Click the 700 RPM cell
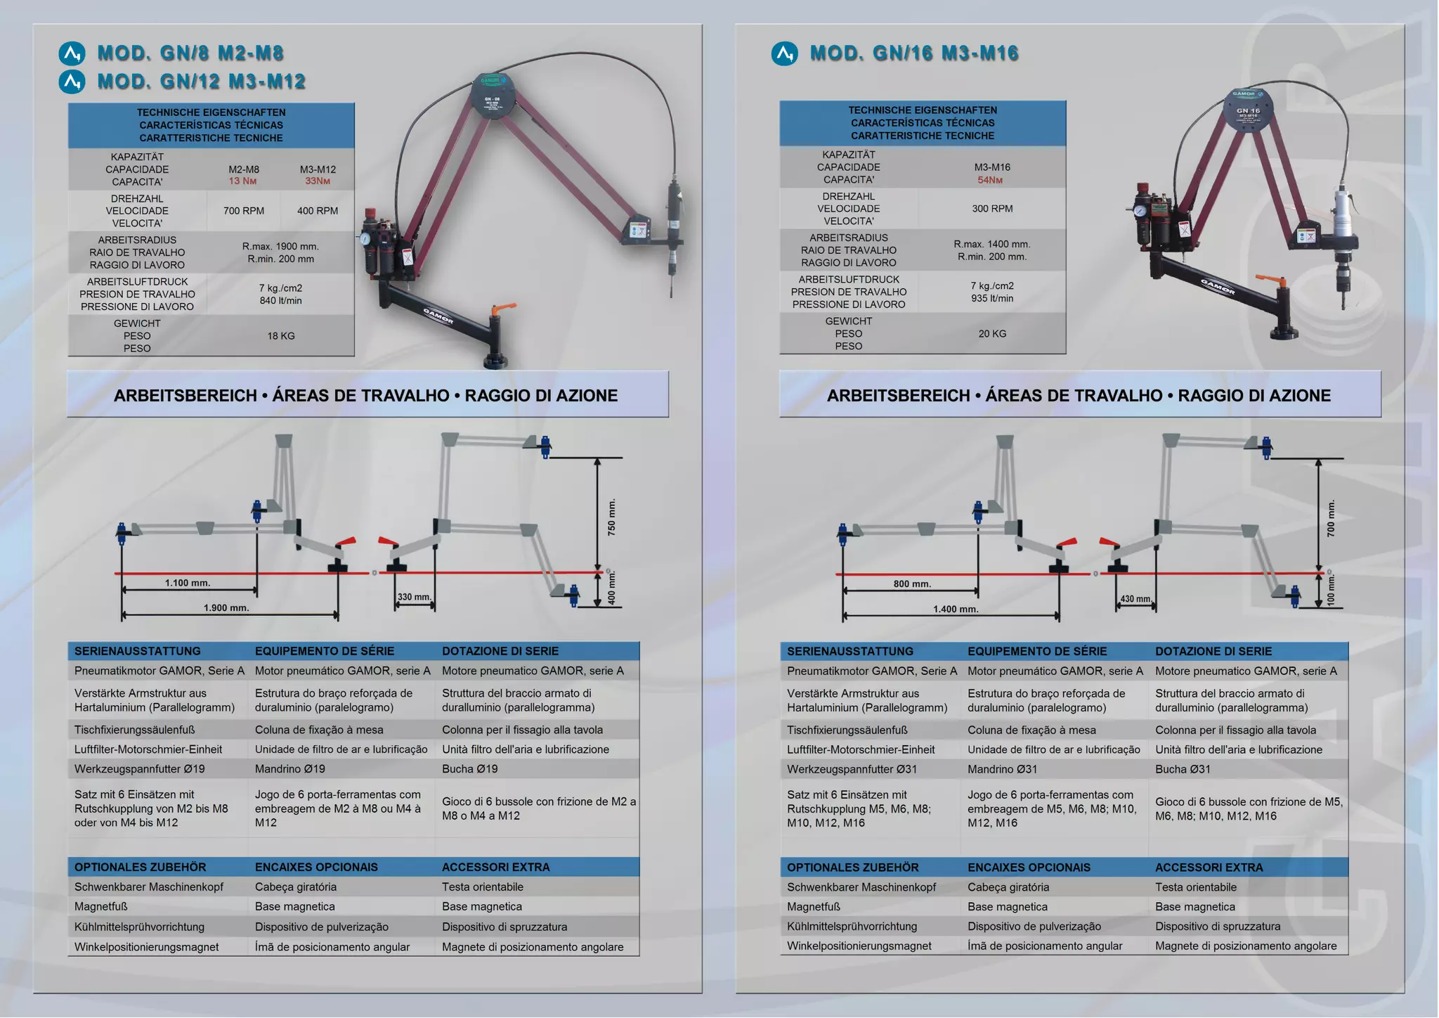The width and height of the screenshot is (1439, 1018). tap(244, 211)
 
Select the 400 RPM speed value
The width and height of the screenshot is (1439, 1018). tap(318, 211)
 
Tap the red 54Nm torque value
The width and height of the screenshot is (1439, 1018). tap(990, 180)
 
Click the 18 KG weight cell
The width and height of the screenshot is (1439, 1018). tap(280, 336)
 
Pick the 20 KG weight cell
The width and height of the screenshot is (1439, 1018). tap(992, 334)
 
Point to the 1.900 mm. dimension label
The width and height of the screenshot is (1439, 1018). tap(226, 607)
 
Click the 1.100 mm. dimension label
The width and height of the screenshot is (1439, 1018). tap(188, 583)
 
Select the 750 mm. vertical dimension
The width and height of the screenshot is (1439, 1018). tap(611, 518)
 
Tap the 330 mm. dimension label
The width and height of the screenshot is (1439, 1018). tap(415, 597)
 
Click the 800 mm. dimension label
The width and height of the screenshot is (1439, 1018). tap(912, 584)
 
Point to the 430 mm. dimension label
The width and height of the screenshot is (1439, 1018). tap(1135, 599)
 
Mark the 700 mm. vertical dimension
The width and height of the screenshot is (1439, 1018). tap(1331, 519)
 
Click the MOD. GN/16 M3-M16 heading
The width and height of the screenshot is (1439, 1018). tap(913, 53)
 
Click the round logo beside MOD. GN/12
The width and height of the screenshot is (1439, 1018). tap(72, 82)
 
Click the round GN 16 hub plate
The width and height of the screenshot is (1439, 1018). tap(1248, 110)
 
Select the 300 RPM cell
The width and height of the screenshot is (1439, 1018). tap(992, 209)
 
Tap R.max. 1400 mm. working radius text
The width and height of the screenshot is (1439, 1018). tap(991, 244)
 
